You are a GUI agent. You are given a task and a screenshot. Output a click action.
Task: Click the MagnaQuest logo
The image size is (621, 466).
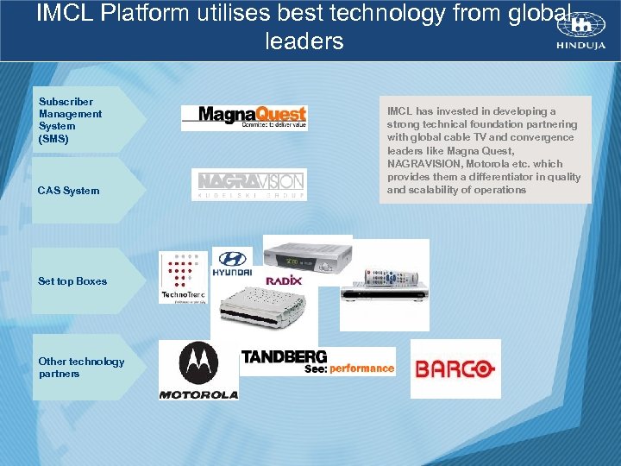coord(244,117)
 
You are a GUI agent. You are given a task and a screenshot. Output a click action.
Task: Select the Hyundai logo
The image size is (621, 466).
coord(231,262)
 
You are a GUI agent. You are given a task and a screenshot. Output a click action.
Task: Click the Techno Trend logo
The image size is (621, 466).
coord(184,277)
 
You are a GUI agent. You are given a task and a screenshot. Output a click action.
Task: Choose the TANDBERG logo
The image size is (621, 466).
coord(284,356)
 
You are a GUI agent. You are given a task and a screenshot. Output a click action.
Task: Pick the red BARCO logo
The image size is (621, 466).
coord(455,369)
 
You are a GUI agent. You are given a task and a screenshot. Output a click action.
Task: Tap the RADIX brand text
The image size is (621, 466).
coord(283,280)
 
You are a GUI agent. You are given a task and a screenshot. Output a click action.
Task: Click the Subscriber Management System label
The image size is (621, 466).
coord(70,120)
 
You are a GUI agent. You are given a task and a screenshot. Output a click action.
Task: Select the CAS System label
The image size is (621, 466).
coord(68,191)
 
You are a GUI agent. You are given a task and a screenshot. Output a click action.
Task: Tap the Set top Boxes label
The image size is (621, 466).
coord(72,281)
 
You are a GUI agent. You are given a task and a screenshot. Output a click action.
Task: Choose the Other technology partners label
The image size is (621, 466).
coord(81,368)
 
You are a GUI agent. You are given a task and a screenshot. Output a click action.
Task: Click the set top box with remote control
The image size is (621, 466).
coord(384,285)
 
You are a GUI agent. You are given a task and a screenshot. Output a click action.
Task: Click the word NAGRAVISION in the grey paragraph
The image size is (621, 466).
coord(423,163)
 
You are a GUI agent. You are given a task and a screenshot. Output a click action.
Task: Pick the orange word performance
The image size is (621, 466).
coord(361,368)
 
